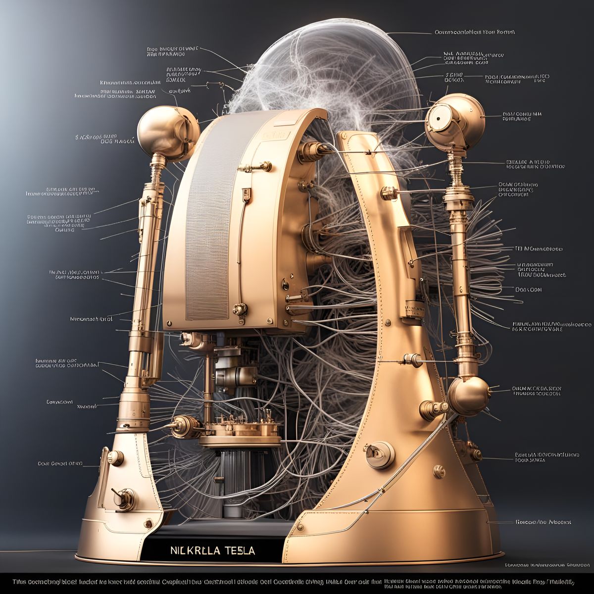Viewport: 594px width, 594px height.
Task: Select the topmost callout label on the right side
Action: [474, 32]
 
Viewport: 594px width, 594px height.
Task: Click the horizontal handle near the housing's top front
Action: [257, 167]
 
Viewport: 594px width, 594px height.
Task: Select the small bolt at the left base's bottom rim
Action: [148, 523]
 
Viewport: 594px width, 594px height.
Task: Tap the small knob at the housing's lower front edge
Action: [240, 309]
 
